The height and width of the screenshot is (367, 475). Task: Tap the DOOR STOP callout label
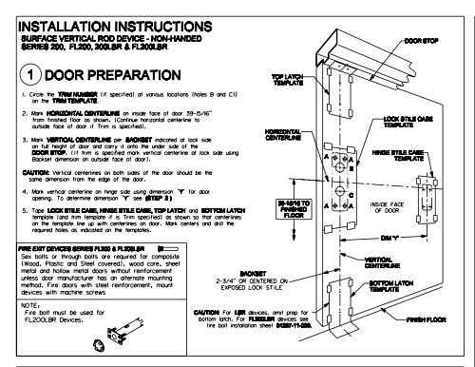(x=423, y=42)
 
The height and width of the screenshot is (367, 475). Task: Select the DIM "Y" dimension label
(x=389, y=237)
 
